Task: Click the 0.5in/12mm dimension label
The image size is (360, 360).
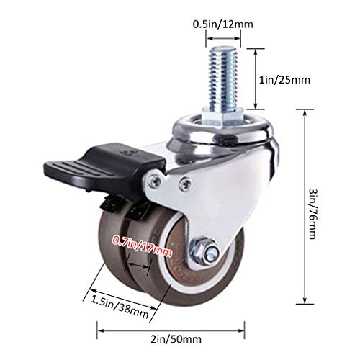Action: [223, 24]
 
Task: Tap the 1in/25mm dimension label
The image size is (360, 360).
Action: [284, 80]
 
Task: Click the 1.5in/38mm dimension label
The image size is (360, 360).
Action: [120, 307]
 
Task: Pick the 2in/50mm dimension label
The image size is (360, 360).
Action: [176, 339]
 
